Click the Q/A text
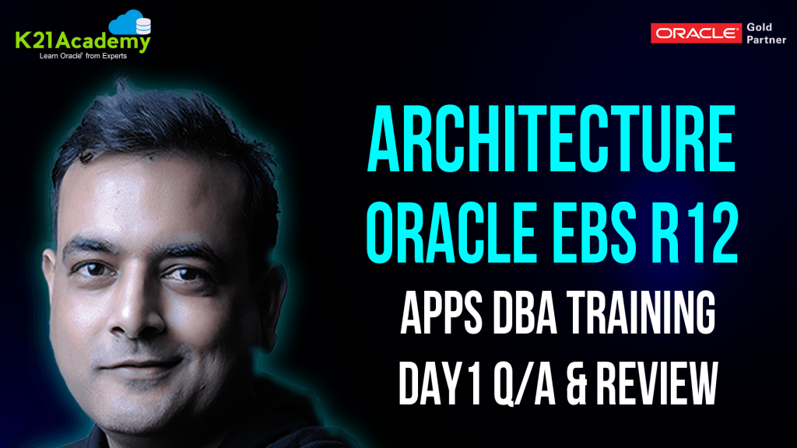(x=536, y=384)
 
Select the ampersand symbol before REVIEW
(x=593, y=384)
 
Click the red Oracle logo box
(x=696, y=33)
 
